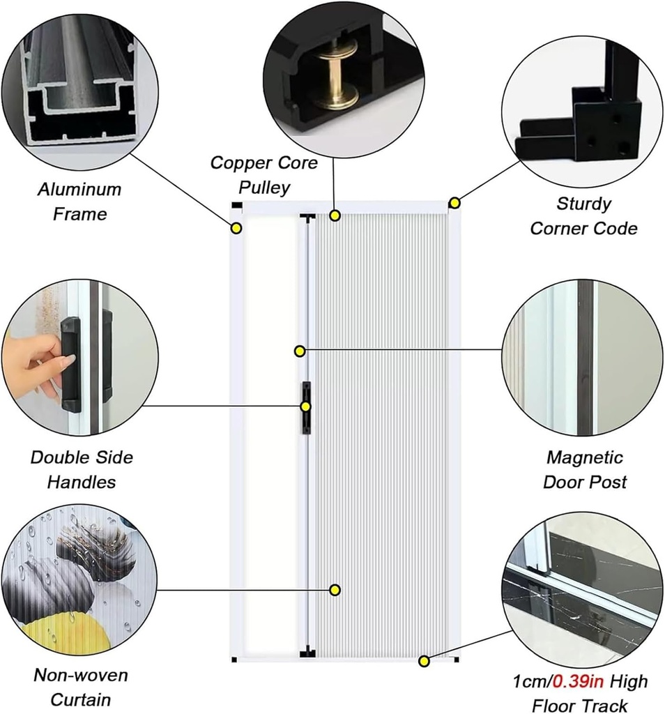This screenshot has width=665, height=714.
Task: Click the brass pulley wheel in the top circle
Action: [335, 75]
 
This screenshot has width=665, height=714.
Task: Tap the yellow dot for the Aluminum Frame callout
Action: [236, 228]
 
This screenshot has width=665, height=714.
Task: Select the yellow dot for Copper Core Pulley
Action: [335, 215]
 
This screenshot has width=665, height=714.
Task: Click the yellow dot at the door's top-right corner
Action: [454, 203]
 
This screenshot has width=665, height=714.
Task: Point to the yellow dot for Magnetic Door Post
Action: [300, 351]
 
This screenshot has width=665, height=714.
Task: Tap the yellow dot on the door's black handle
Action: [305, 407]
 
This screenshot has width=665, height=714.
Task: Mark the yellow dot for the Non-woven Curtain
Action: [335, 590]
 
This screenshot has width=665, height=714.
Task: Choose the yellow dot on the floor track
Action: [423, 660]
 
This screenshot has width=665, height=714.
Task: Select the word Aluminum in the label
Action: [79, 190]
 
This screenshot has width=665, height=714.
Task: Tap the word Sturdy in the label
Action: [583, 204]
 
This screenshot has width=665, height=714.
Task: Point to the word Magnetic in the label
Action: [584, 458]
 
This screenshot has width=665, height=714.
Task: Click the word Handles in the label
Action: [82, 482]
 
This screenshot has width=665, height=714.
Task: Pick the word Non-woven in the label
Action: [81, 676]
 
